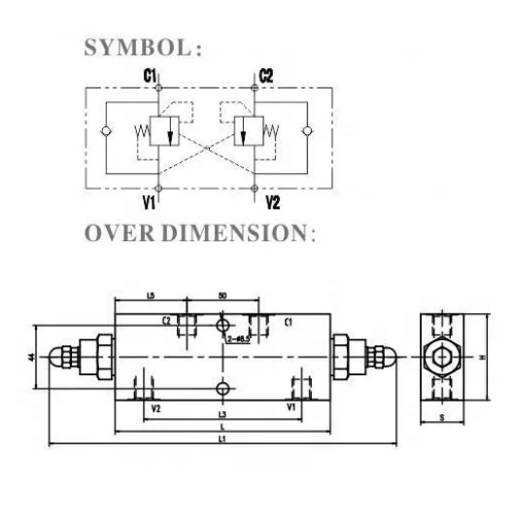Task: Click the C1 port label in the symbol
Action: pyautogui.click(x=150, y=75)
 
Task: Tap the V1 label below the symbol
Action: pyautogui.click(x=150, y=201)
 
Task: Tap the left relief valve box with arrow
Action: pyautogui.click(x=170, y=132)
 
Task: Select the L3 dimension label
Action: pyautogui.click(x=222, y=415)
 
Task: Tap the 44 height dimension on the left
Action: pyautogui.click(x=33, y=358)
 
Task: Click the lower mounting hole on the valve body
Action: pyautogui.click(x=224, y=388)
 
